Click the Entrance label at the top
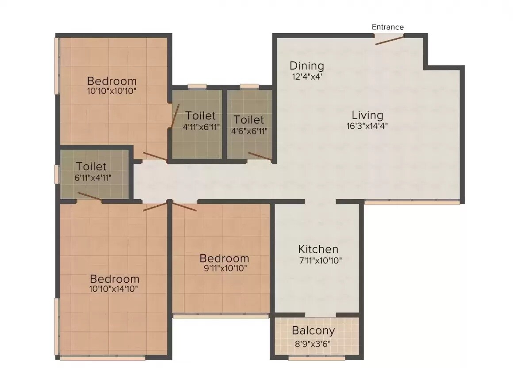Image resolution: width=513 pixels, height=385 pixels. coord(387,27)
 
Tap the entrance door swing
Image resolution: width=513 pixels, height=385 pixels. coord(389,40)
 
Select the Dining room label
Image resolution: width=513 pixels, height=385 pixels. coord(306,66)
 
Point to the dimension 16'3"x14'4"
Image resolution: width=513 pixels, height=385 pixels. coord(368,125)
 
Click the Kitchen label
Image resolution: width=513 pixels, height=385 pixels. coord(318,249)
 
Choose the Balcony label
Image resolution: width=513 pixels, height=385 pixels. coord(313,331)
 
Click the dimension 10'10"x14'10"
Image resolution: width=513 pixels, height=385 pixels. coord(114,289)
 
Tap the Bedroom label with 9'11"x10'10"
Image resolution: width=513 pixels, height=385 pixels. coord(224,258)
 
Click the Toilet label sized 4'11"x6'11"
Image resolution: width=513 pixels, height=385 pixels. coord(200,116)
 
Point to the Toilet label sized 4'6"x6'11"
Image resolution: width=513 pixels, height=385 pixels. coord(249,120)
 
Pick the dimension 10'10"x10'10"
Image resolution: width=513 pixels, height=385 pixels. coord(111,91)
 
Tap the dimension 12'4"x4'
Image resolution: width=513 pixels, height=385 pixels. coord(306,76)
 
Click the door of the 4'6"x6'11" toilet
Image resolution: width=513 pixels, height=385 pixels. coord(260,155)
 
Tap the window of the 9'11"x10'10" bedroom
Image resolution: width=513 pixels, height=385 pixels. coord(221,316)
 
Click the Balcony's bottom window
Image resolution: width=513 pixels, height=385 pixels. coord(316,358)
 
